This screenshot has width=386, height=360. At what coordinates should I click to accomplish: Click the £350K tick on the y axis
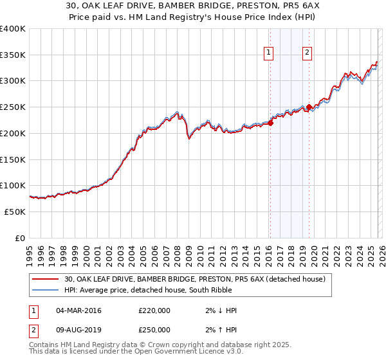point(12,55)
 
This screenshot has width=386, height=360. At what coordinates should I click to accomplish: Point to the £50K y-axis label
point(15,212)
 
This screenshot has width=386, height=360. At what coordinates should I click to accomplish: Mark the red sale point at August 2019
point(309,107)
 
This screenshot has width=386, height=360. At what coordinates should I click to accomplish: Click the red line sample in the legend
point(46,279)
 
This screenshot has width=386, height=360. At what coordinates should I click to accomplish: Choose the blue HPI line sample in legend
point(46,290)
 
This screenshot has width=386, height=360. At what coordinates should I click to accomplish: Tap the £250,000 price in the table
point(154,330)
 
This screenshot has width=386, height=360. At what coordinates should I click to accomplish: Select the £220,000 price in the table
point(154,310)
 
